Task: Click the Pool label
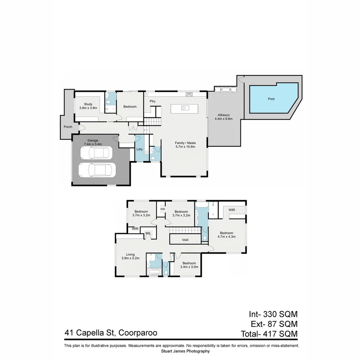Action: (x=271, y=99)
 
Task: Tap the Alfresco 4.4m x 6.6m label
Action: (x=223, y=117)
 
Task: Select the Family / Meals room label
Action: (x=185, y=145)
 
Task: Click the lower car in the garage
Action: (x=97, y=170)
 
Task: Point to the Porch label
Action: (x=68, y=127)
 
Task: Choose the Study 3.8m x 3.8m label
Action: (x=88, y=106)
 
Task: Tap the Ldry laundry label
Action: (x=139, y=149)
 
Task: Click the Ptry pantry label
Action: (x=153, y=101)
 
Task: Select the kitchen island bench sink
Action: (x=184, y=108)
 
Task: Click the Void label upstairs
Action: (x=185, y=240)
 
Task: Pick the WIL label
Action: (x=148, y=233)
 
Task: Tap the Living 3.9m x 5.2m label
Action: (x=130, y=256)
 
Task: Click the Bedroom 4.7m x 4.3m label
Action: (x=226, y=235)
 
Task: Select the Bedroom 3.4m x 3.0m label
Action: (x=189, y=265)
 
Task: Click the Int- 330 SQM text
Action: (x=273, y=314)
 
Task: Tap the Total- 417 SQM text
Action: (x=269, y=334)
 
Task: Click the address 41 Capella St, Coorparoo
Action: (x=111, y=333)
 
